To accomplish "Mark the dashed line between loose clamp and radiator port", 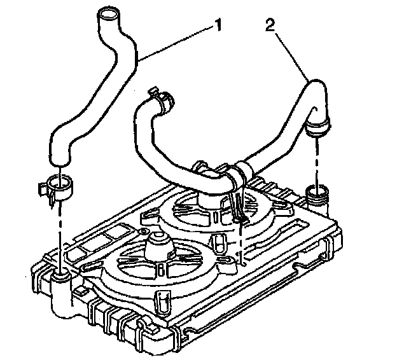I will tap(60, 235).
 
